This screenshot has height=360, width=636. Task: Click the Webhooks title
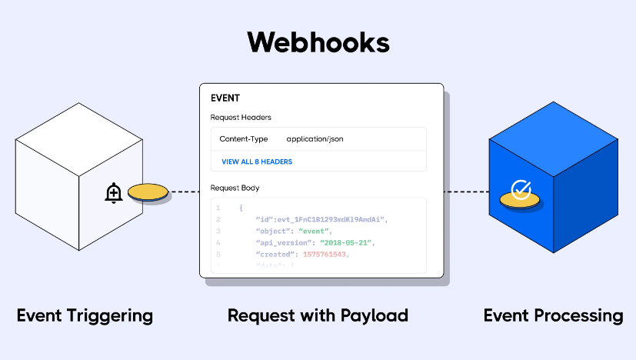(318, 42)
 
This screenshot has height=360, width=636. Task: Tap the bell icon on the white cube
(114, 193)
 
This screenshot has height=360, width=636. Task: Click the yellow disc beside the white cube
(148, 192)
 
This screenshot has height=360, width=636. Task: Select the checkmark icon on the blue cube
(521, 189)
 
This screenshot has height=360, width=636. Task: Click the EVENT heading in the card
(225, 98)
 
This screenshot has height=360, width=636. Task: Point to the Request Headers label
(241, 118)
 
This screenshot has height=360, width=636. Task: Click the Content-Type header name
(244, 139)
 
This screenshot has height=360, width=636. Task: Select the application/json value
(315, 139)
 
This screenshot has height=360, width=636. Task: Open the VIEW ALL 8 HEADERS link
(257, 162)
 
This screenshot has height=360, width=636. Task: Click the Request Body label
(235, 188)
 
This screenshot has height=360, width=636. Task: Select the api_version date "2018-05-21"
(348, 242)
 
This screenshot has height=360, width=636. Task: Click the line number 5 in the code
(218, 254)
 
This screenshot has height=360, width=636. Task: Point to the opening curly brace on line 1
(241, 208)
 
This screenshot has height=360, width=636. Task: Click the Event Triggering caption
(85, 315)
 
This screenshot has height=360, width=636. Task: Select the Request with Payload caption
(318, 315)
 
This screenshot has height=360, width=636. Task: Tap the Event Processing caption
(553, 315)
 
